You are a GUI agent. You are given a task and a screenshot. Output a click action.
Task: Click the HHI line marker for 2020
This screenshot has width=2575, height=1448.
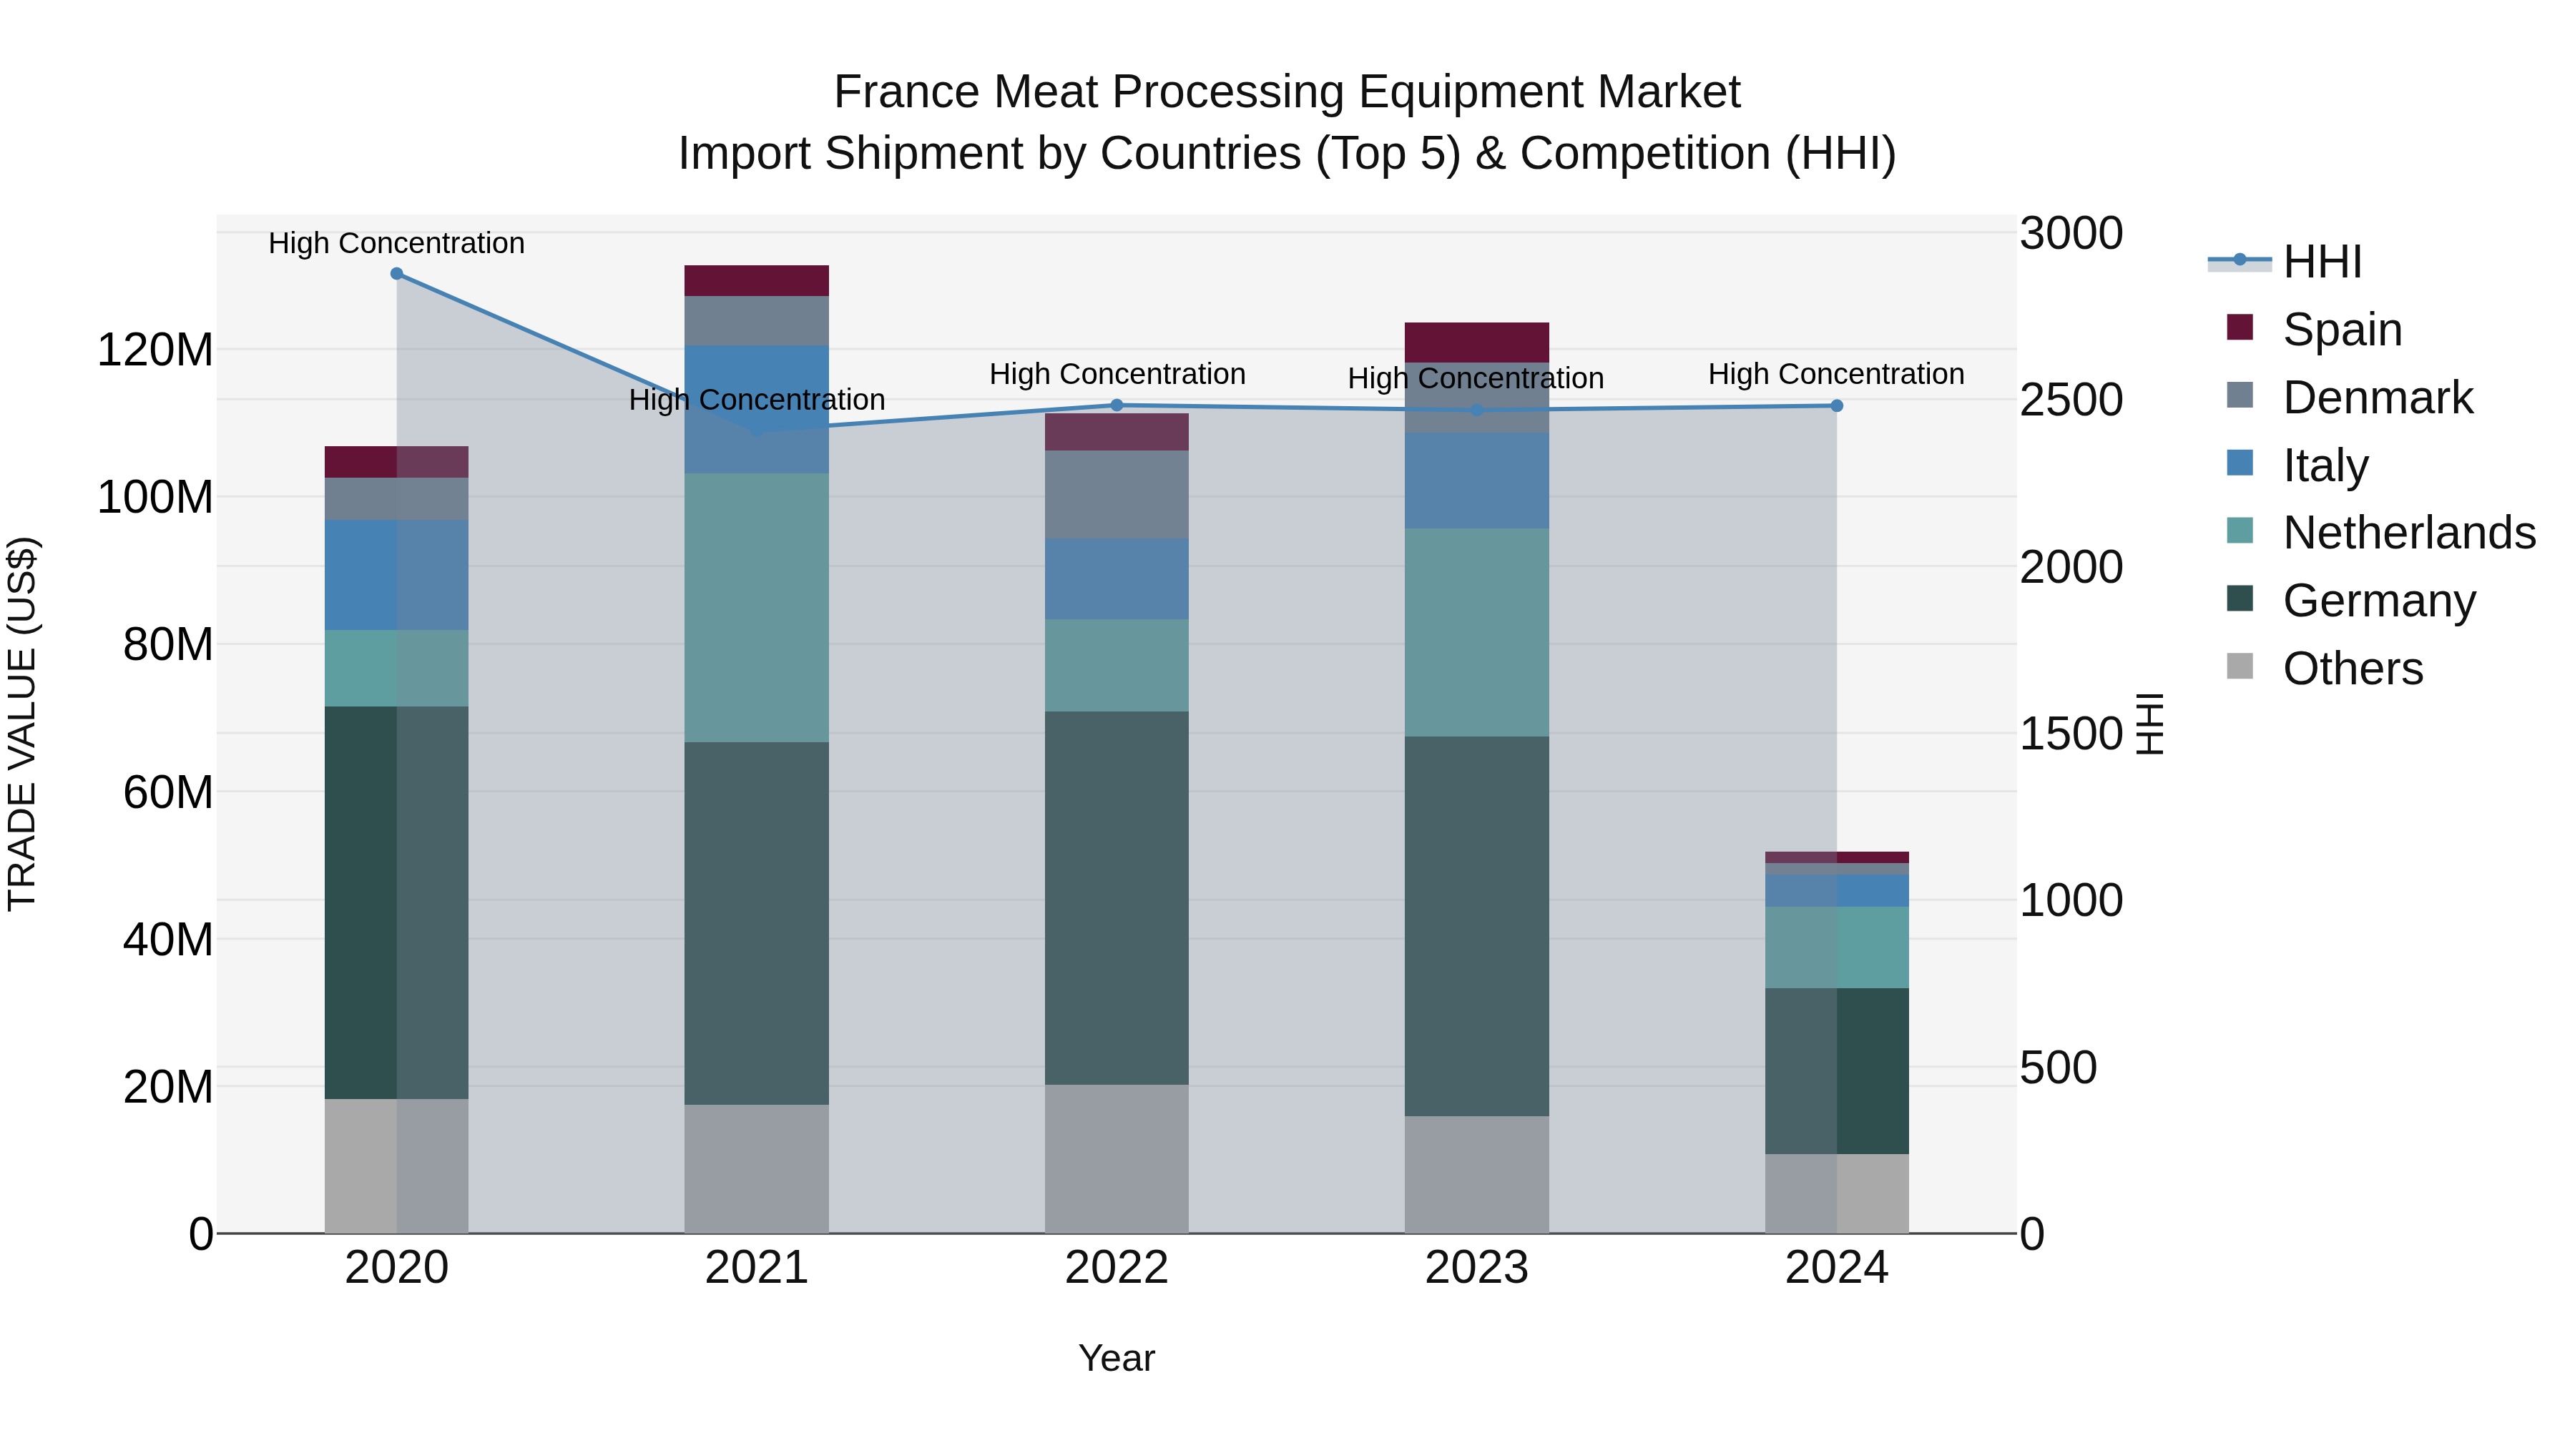(397, 274)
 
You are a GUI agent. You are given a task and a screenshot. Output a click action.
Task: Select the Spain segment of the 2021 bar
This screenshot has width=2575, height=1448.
(757, 281)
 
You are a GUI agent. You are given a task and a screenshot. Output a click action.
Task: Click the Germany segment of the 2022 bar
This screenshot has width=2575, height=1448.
(1117, 897)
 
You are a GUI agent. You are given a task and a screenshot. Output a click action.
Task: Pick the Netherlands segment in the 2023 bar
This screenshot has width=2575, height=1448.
(1476, 633)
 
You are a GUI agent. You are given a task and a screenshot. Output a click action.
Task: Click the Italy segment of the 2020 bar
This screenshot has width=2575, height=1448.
(397, 575)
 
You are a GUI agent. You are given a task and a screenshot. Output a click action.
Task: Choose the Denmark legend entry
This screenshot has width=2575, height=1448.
(2377, 398)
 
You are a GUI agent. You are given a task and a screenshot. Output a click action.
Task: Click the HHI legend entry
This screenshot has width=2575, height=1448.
(2322, 262)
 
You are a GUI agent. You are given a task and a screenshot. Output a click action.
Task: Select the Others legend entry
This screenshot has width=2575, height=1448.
(2352, 669)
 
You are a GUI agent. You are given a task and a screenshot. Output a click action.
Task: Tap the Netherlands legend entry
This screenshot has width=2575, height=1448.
(2408, 533)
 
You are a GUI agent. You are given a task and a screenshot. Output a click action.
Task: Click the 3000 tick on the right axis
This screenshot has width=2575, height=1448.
(2070, 234)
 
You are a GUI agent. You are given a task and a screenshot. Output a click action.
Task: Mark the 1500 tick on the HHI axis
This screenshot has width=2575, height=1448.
(2070, 734)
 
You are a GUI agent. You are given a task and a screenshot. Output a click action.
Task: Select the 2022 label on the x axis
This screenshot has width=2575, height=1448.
(1117, 1268)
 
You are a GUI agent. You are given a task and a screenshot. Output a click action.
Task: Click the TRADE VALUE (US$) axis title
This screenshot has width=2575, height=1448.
(22, 724)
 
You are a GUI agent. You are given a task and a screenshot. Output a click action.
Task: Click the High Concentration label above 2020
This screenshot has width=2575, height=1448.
(397, 243)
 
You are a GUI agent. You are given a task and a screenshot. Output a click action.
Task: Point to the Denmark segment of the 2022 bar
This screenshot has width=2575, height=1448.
(1117, 495)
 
